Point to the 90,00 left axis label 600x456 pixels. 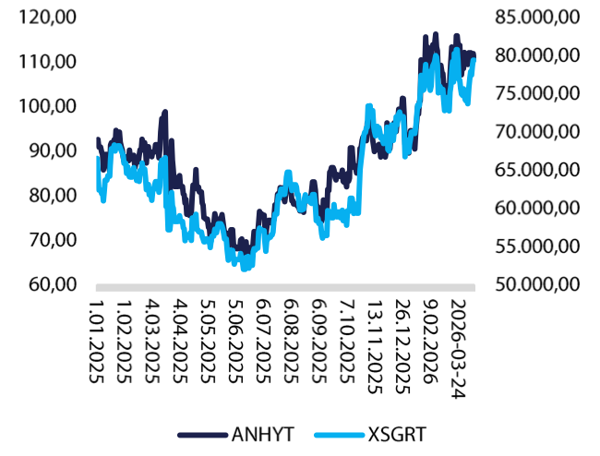pyautogui.click(x=51, y=150)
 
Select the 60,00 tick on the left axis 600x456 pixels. pyautogui.click(x=51, y=284)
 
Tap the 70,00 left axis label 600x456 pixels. pyautogui.click(x=51, y=240)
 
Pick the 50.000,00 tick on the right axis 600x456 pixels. pyautogui.click(x=537, y=284)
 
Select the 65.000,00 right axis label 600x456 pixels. pyautogui.click(x=537, y=170)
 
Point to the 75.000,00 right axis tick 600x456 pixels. pyautogui.click(x=537, y=93)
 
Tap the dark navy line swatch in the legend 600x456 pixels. pyautogui.click(x=200, y=434)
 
